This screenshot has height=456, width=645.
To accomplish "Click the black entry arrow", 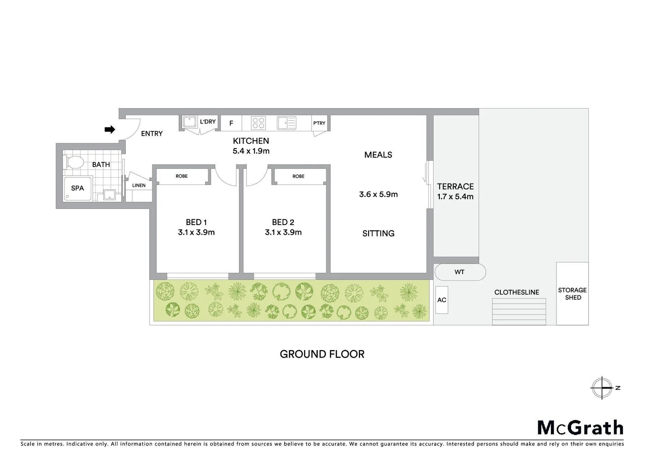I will (x=110, y=130).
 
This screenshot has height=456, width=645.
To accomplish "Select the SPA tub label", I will (x=77, y=188).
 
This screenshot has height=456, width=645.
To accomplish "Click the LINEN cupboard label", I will (x=139, y=185).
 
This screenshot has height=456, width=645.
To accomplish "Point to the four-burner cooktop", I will (x=258, y=123).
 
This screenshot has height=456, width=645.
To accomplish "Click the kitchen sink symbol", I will (x=287, y=123).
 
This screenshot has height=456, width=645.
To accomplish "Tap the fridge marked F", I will (x=231, y=123).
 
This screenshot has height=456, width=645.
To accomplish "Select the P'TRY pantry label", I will (x=319, y=123).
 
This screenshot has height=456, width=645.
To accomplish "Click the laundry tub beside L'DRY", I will (x=190, y=122).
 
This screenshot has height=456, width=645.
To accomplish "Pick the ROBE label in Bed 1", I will (x=182, y=176).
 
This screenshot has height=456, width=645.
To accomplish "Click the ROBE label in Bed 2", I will (x=298, y=176).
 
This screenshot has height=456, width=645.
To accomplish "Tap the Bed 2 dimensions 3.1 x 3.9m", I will (x=283, y=232).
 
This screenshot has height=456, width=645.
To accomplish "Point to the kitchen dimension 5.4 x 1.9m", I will (x=251, y=151).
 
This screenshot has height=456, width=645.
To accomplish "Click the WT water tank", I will (x=460, y=272).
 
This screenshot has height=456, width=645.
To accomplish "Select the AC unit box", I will (x=442, y=300).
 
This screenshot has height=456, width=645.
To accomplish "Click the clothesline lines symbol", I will (x=519, y=312).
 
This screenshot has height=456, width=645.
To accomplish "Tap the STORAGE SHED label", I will (x=572, y=293).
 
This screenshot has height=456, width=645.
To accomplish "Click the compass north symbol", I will (x=602, y=388).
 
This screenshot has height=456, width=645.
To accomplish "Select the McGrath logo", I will (x=580, y=428).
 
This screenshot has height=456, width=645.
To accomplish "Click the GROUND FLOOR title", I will (x=322, y=354).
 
